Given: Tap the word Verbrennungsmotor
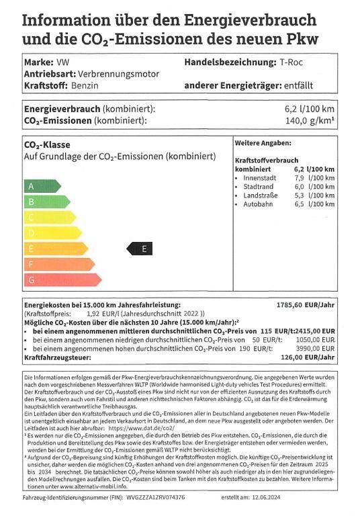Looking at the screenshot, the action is click(x=119, y=74).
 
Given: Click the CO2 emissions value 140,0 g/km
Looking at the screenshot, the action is click(x=310, y=121).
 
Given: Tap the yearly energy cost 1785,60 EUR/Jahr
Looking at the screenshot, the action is click(x=306, y=304).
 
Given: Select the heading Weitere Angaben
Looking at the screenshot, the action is click(x=263, y=143).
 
